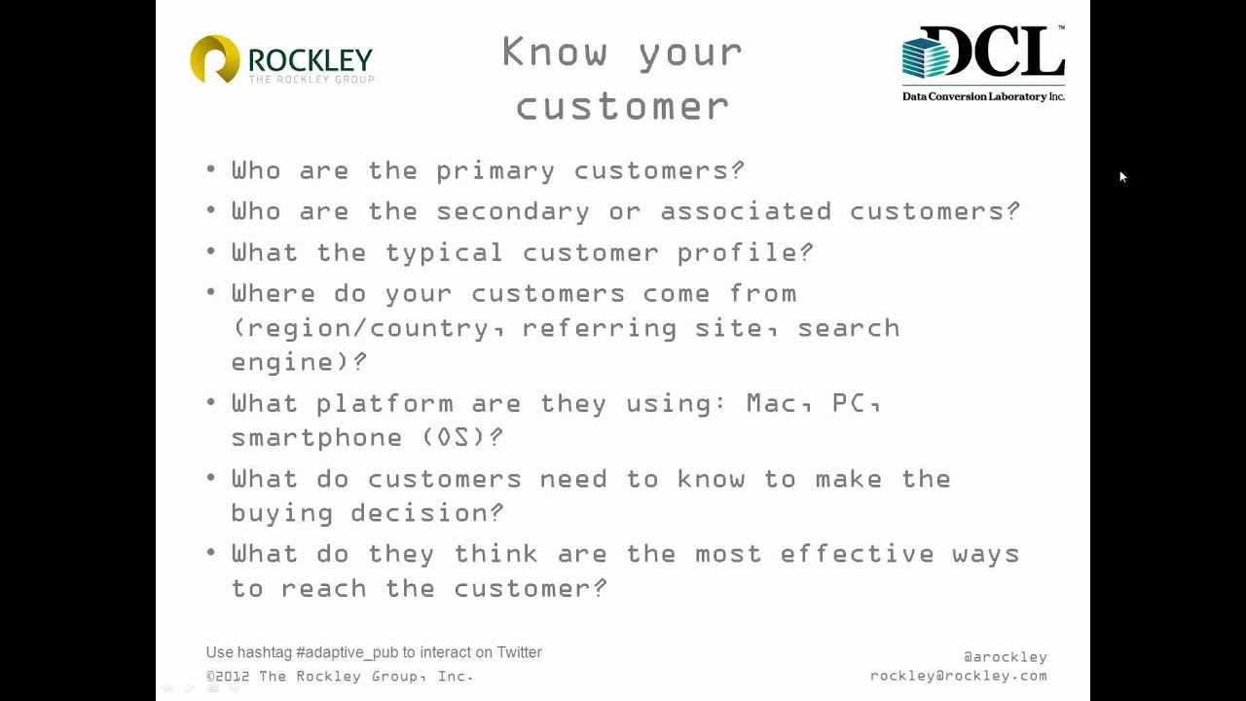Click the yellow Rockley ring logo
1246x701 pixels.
coord(215,58)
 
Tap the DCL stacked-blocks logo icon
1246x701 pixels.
coord(926,55)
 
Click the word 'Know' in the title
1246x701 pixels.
coord(554,52)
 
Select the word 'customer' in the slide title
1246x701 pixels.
coord(623,105)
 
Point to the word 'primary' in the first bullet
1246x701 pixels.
coord(495,171)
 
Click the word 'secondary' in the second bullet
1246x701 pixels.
coord(513,211)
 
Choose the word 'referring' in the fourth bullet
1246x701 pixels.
coord(600,328)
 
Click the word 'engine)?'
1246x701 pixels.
coord(299,362)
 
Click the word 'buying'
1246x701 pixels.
coord(282,513)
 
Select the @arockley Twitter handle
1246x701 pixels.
coord(1005,657)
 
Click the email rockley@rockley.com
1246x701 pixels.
coord(958,676)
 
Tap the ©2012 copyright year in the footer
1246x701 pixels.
coord(230,676)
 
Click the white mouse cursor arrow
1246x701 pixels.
coord(1122,176)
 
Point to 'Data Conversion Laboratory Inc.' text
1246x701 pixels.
coord(983,96)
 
